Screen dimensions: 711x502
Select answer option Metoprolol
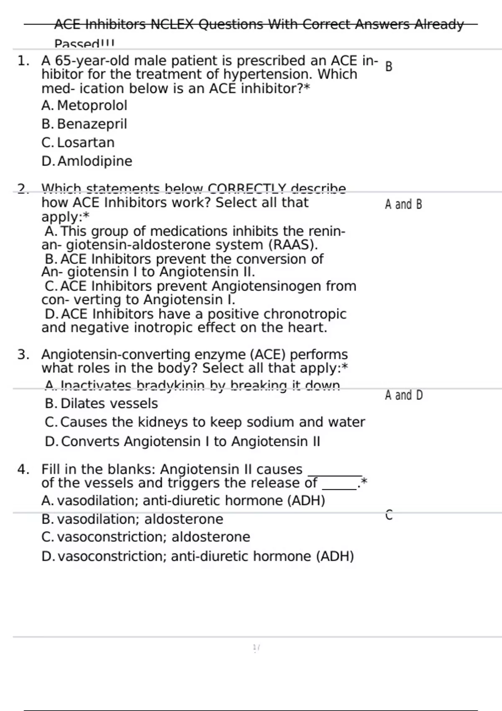(x=92, y=105)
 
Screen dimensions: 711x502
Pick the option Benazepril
(x=92, y=124)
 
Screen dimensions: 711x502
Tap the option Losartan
(x=85, y=143)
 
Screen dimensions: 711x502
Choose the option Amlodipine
(x=95, y=161)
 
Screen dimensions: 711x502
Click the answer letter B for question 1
(x=389, y=67)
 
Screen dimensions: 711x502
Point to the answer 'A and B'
(x=403, y=205)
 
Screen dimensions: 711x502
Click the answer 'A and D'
(x=404, y=395)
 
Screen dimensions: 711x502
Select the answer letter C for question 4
(x=389, y=515)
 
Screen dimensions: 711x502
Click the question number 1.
(x=23, y=61)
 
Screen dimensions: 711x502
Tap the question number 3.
(x=23, y=355)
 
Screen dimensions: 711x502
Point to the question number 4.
(x=23, y=469)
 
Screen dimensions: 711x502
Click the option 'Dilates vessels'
(x=109, y=404)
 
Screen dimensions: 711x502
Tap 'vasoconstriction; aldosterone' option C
(x=153, y=537)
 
